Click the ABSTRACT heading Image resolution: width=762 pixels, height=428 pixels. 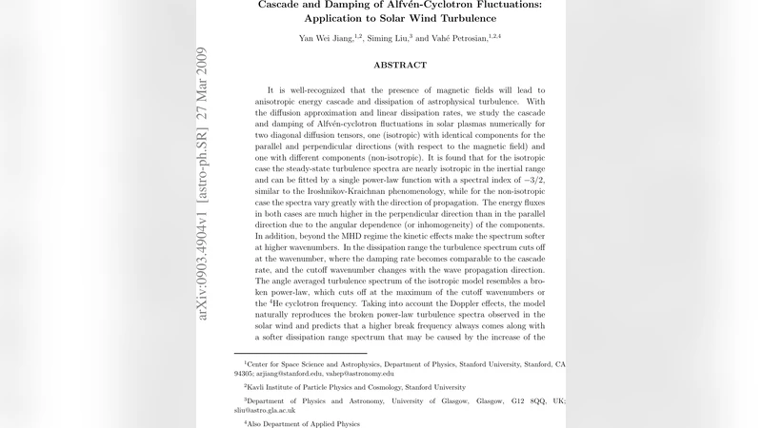click(400, 65)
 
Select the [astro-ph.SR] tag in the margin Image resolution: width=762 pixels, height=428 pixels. click(201, 175)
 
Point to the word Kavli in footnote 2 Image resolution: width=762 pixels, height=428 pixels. click(260, 387)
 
